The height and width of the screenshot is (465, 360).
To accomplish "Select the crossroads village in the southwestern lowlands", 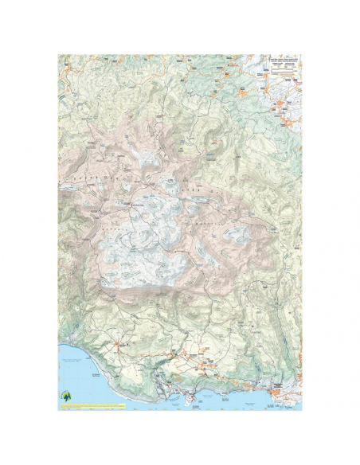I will click(x=117, y=344).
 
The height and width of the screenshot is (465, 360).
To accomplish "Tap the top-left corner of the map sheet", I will click(x=58, y=55).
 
